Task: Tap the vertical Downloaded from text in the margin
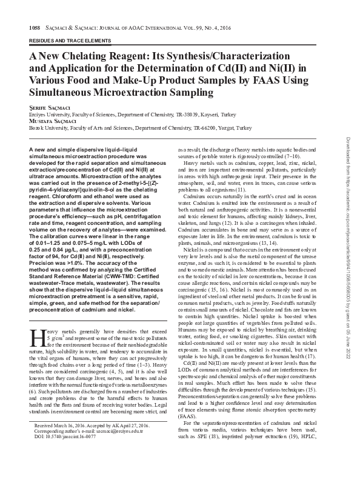click(x=348, y=152)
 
